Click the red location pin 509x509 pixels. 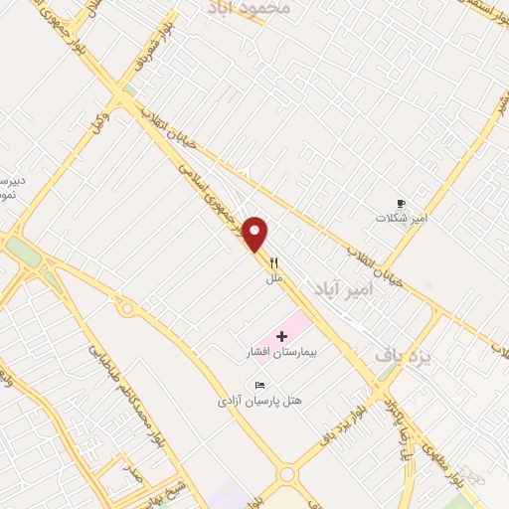pyautogui.click(x=256, y=235)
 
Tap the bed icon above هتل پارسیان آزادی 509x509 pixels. pyautogui.click(x=259, y=386)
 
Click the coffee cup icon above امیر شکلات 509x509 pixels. pyautogui.click(x=402, y=202)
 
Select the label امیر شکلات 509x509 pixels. pyautogui.click(x=401, y=218)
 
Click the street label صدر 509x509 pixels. pyautogui.click(x=132, y=466)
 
